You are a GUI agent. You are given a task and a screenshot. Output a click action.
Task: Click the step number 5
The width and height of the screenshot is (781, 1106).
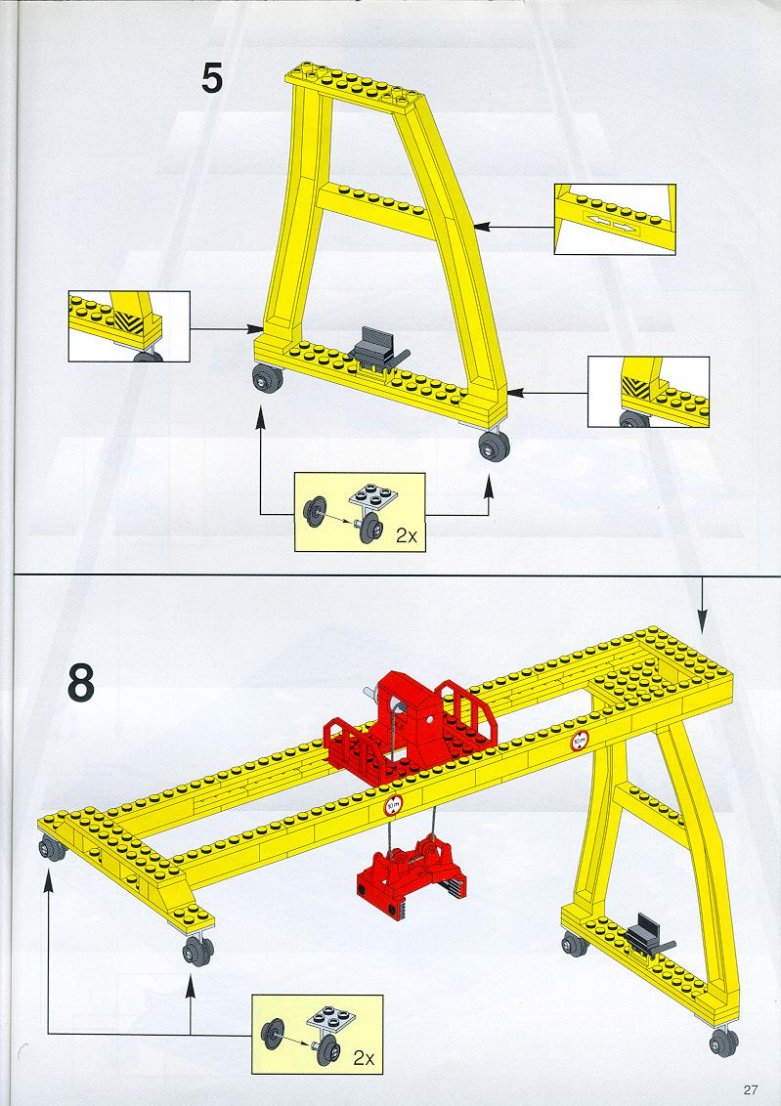[212, 78]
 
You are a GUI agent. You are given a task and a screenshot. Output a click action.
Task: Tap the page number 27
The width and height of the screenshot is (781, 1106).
[750, 1089]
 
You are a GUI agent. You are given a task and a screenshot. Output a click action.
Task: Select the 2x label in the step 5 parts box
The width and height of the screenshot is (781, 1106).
[407, 535]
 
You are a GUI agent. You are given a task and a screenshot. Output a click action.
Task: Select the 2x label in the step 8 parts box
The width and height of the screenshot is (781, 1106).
[364, 1057]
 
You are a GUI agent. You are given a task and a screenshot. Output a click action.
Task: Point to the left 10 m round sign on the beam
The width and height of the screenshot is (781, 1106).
[393, 805]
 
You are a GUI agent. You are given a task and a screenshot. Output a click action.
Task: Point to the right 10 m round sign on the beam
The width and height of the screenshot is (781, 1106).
[580, 741]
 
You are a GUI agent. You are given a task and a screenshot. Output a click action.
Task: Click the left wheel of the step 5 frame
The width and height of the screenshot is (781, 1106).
[268, 378]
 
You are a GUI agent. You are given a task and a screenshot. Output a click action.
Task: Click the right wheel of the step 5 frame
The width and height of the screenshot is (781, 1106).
[494, 446]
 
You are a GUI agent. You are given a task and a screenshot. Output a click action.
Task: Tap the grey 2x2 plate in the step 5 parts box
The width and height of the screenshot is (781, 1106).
[371, 496]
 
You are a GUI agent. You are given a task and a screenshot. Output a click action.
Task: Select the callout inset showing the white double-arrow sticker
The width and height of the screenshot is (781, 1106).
[615, 220]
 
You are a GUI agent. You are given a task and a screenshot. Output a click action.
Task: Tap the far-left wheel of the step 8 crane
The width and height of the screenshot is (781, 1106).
[52, 848]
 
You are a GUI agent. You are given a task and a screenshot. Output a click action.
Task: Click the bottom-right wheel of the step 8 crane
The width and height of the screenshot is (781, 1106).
[723, 1041]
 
